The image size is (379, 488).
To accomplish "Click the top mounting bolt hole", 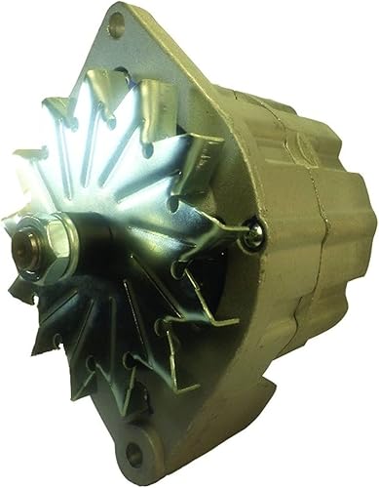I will point(118,27).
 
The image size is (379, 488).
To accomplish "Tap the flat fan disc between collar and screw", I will point(156,234).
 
